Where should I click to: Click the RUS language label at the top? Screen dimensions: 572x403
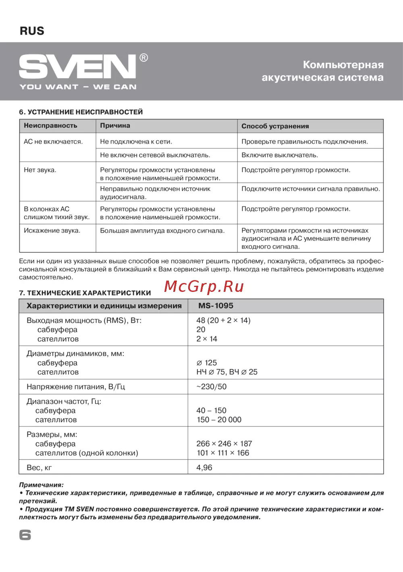click(x=32, y=31)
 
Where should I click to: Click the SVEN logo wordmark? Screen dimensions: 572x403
click(x=77, y=67)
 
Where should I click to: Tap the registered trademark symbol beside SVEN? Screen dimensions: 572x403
click(x=143, y=58)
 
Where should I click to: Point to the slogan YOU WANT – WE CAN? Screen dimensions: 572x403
click(x=78, y=87)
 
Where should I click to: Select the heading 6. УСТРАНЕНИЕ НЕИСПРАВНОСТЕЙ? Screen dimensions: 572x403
click(x=81, y=112)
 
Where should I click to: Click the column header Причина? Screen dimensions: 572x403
click(x=115, y=126)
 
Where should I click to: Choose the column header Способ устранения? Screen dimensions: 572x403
click(x=275, y=126)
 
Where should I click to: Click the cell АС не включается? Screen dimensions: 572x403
click(x=53, y=141)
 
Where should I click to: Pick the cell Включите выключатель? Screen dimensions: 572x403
click(x=280, y=155)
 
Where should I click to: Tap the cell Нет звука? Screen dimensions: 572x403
click(x=40, y=170)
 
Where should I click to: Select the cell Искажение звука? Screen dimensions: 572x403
click(x=52, y=231)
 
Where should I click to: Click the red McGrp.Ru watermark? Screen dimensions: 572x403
click(x=204, y=286)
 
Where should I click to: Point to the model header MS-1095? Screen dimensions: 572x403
click(x=216, y=306)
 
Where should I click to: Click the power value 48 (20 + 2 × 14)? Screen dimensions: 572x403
click(x=223, y=320)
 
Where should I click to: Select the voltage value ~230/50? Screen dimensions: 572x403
click(x=211, y=387)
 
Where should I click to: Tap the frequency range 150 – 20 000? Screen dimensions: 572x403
click(x=219, y=420)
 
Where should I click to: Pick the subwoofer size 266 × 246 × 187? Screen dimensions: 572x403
click(x=224, y=443)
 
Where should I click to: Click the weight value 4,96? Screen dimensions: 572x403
click(x=204, y=468)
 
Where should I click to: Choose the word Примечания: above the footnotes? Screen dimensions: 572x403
click(x=41, y=485)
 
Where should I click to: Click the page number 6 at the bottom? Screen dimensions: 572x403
click(x=25, y=535)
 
